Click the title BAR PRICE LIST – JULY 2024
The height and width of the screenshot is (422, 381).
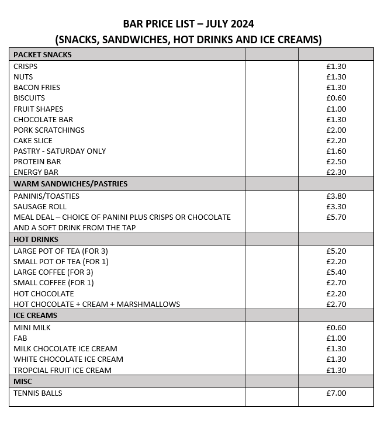pyautogui.click(x=189, y=24)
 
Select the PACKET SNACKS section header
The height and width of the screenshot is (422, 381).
pyautogui.click(x=42, y=54)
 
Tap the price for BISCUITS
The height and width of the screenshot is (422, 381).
pyautogui.click(x=336, y=98)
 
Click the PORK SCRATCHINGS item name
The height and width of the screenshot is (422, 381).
pyautogui.click(x=49, y=130)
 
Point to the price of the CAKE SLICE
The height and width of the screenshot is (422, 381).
pyautogui.click(x=336, y=140)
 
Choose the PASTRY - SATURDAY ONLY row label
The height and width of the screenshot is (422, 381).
pyautogui.click(x=60, y=151)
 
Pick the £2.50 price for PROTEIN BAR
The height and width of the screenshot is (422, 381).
pyautogui.click(x=336, y=161)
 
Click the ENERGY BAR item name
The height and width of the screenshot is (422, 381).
pyautogui.click(x=36, y=172)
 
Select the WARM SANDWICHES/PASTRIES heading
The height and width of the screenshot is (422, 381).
pyautogui.click(x=70, y=184)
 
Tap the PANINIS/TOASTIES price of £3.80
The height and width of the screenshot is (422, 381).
pyautogui.click(x=336, y=196)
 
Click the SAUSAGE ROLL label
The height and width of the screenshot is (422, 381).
pyautogui.click(x=40, y=206)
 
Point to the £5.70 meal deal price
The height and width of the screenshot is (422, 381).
pyautogui.click(x=336, y=217)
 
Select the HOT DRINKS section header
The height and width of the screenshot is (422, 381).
pyautogui.click(x=36, y=239)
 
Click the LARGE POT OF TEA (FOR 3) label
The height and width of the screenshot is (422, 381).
pyautogui.click(x=61, y=251)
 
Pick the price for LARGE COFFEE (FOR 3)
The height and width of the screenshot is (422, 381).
pyautogui.click(x=336, y=272)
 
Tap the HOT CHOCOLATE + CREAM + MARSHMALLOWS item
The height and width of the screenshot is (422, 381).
pyautogui.click(x=96, y=304)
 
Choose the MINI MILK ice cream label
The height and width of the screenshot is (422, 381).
pyautogui.click(x=32, y=327)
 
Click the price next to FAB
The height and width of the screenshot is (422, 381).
pyautogui.click(x=336, y=338)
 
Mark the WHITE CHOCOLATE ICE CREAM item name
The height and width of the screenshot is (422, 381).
pyautogui.click(x=68, y=359)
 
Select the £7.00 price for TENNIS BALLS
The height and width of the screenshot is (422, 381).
pyautogui.click(x=336, y=393)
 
